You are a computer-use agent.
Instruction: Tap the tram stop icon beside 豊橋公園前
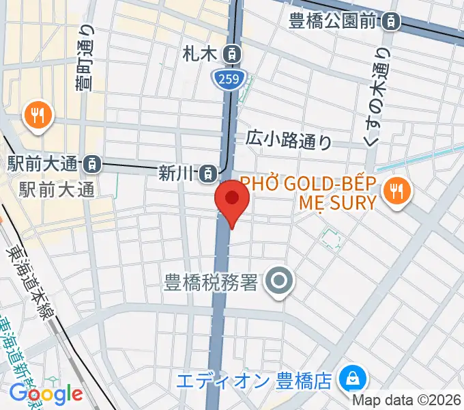pos(390,22)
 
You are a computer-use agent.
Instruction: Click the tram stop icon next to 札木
pos(233,52)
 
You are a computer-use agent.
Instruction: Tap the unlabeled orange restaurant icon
pos(38,114)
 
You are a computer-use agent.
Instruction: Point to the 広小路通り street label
pos(290,140)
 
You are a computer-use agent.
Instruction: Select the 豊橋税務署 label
pos(210,282)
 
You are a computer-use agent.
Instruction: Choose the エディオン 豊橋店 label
pos(261,379)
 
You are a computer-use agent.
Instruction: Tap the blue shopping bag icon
pos(354,377)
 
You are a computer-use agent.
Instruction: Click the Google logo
pos(46,394)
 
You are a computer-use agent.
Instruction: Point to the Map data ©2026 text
pos(407,400)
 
